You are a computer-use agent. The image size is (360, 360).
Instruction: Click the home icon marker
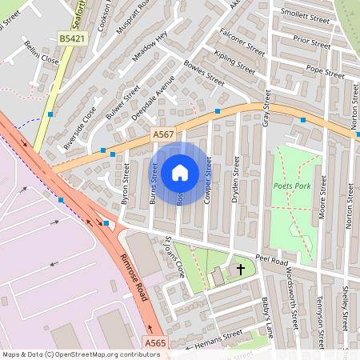180,173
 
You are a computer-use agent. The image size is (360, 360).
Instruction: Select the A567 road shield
162,137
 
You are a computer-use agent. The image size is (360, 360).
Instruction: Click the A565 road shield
155,342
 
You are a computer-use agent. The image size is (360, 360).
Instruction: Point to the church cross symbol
240,270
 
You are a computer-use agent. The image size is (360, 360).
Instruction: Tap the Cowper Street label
208,179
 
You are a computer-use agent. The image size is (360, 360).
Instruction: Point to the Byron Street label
125,185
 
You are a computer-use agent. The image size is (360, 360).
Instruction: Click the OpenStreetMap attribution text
80,354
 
